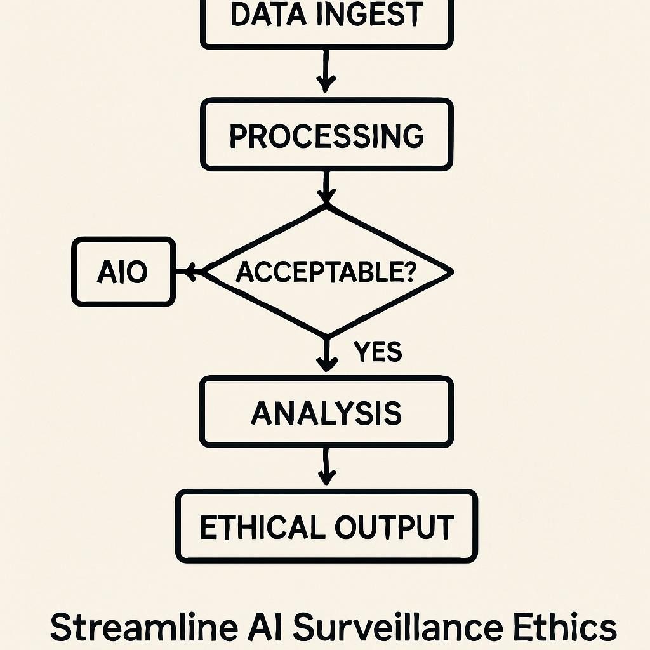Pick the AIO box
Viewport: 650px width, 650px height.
click(x=123, y=272)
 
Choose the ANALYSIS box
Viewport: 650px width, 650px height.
click(x=327, y=413)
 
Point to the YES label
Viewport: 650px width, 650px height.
click(x=378, y=351)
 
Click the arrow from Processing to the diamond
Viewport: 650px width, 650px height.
click(x=326, y=187)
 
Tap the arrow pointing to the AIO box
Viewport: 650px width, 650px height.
click(x=190, y=272)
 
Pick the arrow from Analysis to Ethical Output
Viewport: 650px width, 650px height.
click(x=326, y=467)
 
